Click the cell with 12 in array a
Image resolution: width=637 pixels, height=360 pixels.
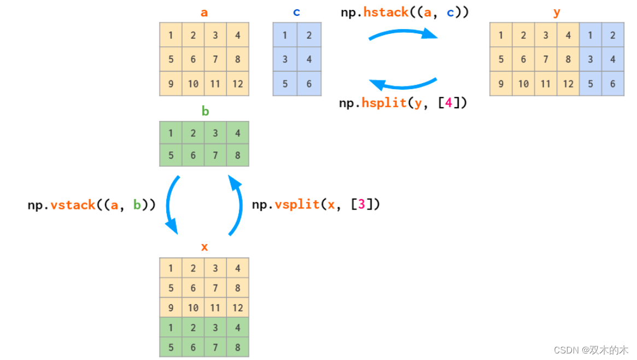[x=237, y=84]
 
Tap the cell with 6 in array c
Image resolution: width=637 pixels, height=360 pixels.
[x=309, y=84]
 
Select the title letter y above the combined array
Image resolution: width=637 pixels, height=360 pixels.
[x=557, y=12]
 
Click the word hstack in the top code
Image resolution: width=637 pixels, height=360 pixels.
[x=385, y=12]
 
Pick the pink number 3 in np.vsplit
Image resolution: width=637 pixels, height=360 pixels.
[x=361, y=205]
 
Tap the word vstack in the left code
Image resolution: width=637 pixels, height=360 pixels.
[x=73, y=205]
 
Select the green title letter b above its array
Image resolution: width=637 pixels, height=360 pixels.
[x=205, y=111]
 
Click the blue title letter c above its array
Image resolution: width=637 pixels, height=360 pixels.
[x=296, y=12]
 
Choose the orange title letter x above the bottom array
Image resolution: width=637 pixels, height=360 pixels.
[x=204, y=247]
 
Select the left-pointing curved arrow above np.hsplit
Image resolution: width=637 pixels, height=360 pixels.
[x=404, y=84]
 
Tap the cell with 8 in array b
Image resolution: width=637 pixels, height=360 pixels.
[x=237, y=155]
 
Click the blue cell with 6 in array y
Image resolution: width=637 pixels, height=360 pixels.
[x=612, y=84]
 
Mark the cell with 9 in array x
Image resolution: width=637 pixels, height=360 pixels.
[x=171, y=307]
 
